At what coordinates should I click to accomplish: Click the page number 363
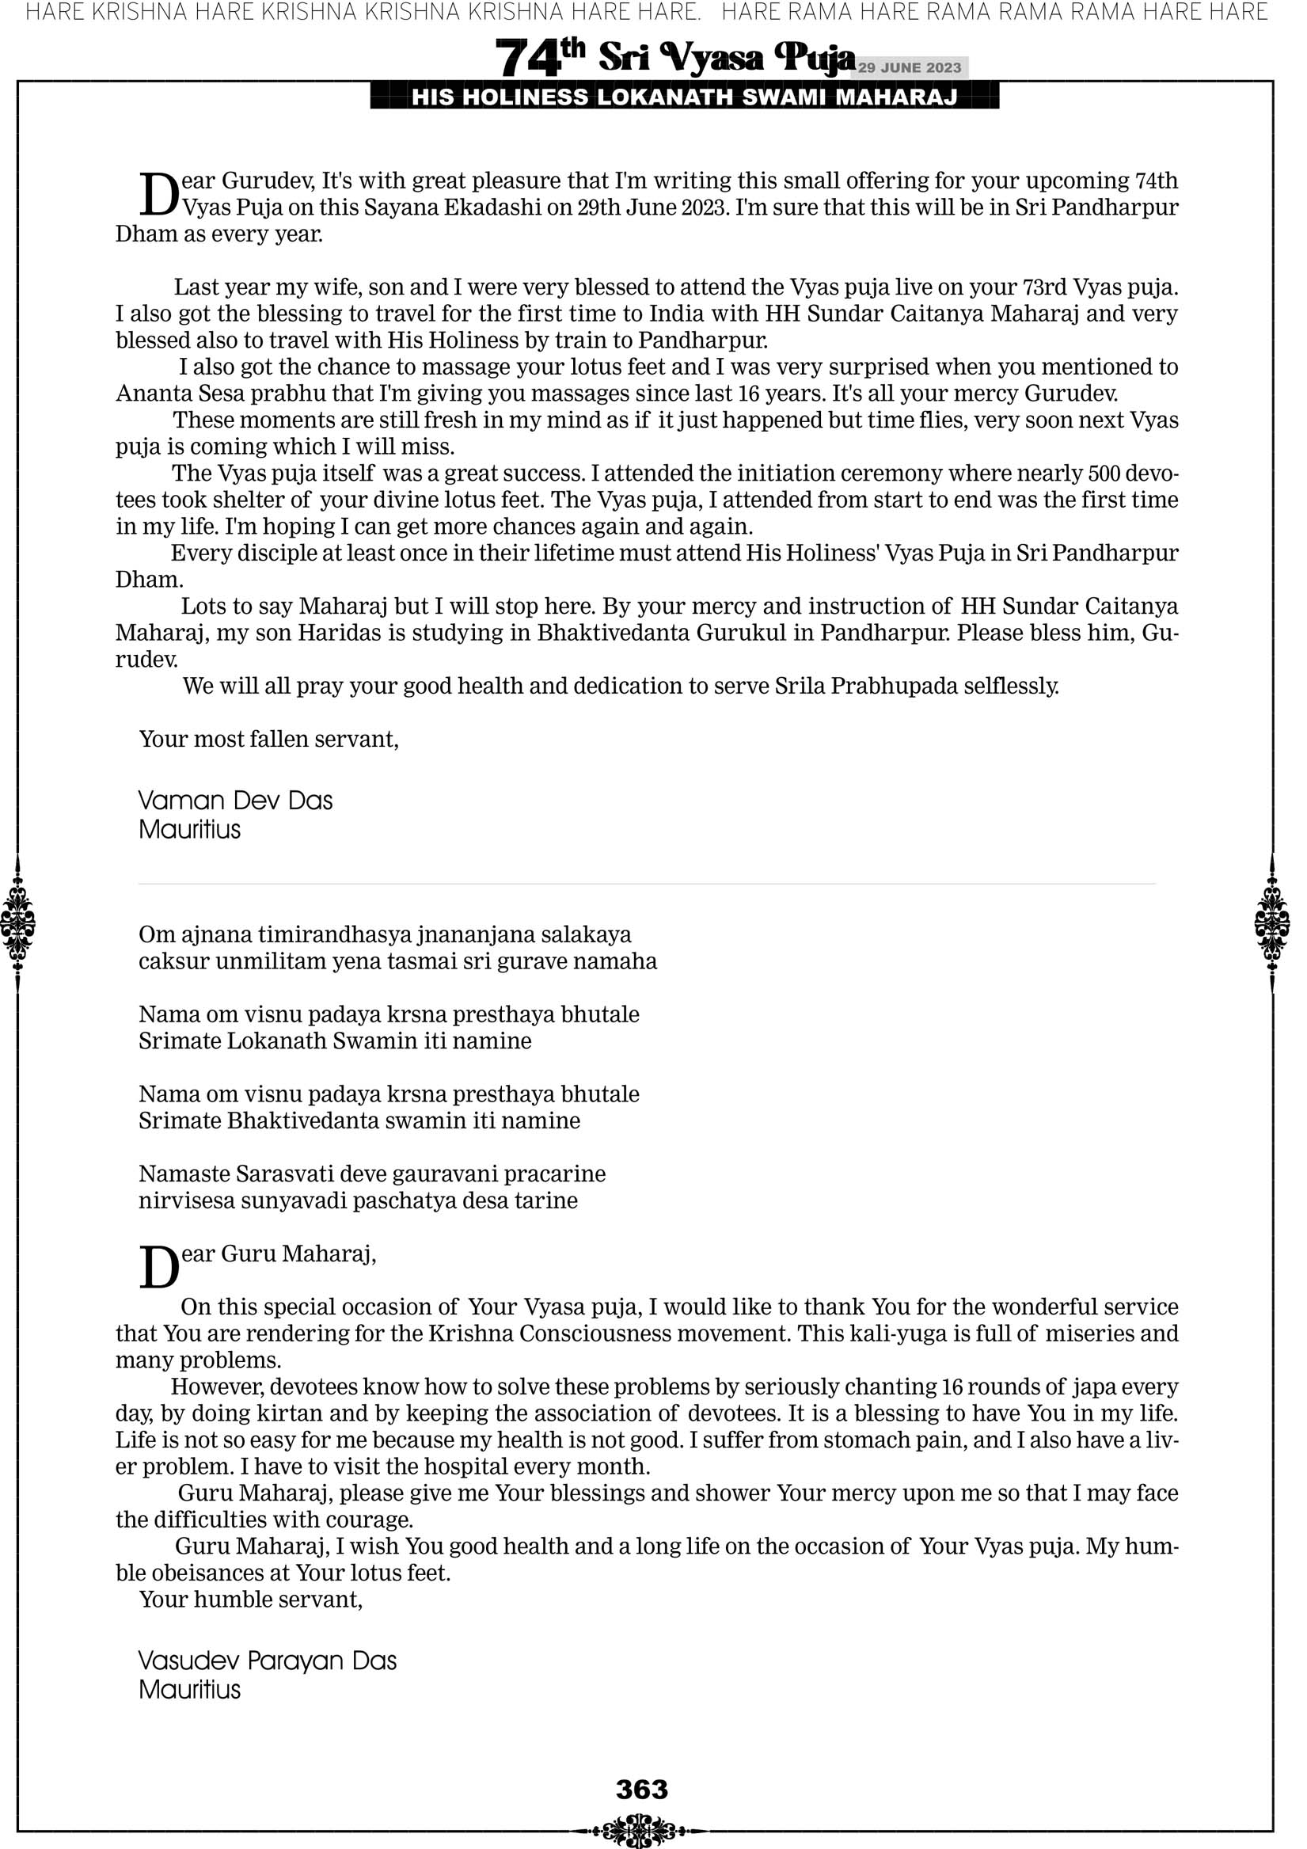pos(642,1790)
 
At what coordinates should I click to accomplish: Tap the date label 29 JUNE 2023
pos(909,67)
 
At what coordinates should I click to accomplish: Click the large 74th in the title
pos(540,58)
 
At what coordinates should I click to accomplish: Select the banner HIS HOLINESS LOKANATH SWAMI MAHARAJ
pos(685,97)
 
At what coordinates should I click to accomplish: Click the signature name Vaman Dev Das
pos(235,801)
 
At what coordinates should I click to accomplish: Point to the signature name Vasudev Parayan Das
pos(268,1661)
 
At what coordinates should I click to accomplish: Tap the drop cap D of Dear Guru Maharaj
pos(158,1267)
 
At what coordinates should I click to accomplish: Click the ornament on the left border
pos(17,923)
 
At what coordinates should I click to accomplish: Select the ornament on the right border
pos(1272,923)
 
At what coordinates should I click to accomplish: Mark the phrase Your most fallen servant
pos(269,739)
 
